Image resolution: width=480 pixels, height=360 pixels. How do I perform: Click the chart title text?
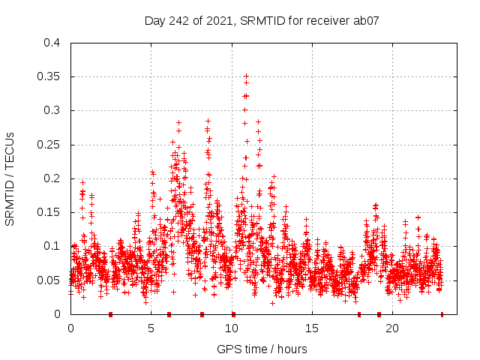point(262,20)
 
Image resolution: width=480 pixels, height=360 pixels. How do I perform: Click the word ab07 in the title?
point(366,20)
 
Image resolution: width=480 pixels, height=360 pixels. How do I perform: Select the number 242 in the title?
point(178,20)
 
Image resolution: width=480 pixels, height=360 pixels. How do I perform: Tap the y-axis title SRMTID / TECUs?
point(10,178)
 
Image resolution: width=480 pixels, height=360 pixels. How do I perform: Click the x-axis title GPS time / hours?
point(262,349)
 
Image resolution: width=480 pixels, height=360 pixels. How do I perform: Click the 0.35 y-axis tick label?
point(49,76)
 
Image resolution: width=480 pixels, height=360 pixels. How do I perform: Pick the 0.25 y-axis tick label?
point(49,145)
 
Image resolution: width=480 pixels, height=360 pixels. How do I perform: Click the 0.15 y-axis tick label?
point(49,212)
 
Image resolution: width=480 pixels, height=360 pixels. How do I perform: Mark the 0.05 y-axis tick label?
point(49,280)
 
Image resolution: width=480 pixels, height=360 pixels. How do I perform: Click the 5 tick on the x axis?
point(151,328)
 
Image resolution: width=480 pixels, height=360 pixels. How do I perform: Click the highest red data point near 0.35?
point(246,76)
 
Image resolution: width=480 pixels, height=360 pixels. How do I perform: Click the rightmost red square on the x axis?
point(442,314)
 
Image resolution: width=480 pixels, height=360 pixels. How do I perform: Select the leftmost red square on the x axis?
point(110,314)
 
